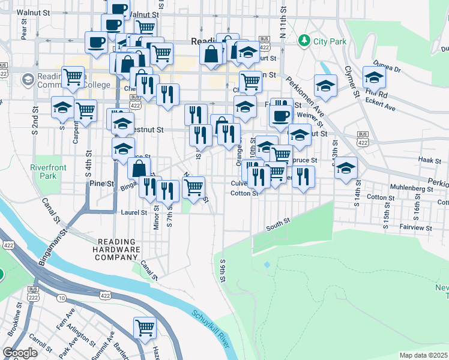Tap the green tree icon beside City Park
[305, 41]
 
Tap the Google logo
[20, 353]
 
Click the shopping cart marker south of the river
[145, 328]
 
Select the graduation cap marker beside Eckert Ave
[373, 77]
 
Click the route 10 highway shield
[62, 298]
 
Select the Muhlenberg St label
[411, 188]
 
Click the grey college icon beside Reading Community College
[28, 79]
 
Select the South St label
[278, 221]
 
